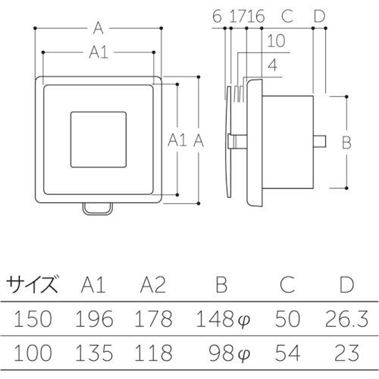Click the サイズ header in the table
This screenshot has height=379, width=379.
pyautogui.click(x=32, y=285)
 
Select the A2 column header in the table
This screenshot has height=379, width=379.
pyautogui.click(x=154, y=285)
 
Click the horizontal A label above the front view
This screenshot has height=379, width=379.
pyautogui.click(x=99, y=28)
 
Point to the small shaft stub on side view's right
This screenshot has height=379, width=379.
pyautogui.click(x=321, y=140)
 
